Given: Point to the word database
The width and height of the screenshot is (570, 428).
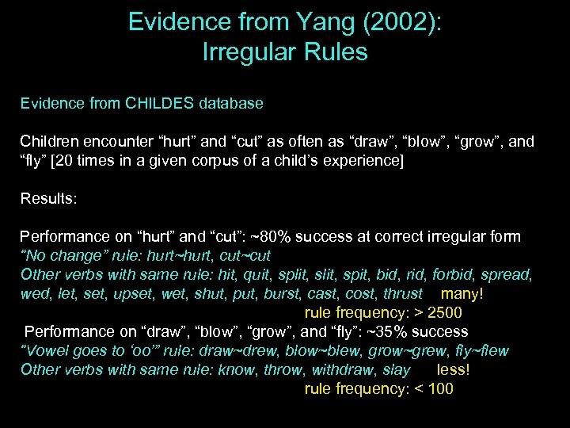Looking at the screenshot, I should coord(230,103).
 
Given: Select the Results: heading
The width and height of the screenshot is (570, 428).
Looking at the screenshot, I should coord(49,198).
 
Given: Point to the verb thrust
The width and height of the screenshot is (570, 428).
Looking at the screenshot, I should coord(403,293).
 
